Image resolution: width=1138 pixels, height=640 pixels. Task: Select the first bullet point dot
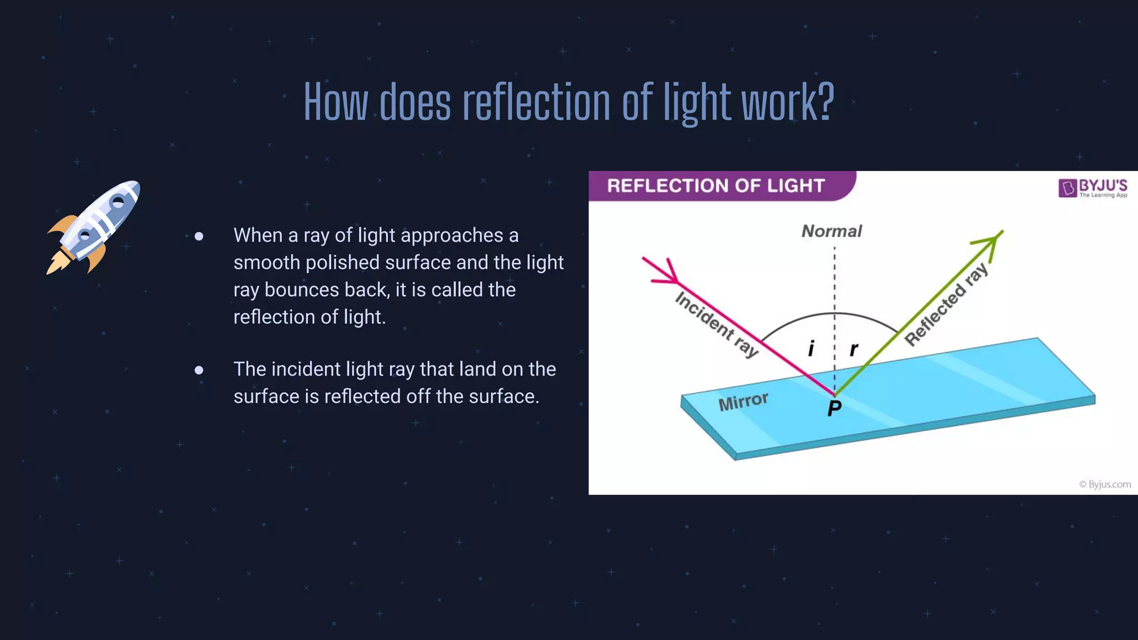[x=199, y=237]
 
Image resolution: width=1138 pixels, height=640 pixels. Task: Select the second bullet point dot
[x=199, y=370]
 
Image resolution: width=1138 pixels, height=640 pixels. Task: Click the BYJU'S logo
[x=1092, y=188]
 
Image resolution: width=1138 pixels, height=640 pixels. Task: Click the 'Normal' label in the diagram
[x=831, y=231]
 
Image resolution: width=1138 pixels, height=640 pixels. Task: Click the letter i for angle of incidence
[x=811, y=348]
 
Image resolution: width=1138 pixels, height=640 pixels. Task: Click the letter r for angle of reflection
[x=854, y=349]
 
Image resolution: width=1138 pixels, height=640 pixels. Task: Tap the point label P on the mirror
[x=834, y=408]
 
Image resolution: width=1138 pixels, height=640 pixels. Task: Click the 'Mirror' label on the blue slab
[x=743, y=401]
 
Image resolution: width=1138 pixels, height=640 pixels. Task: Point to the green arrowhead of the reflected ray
[x=992, y=241]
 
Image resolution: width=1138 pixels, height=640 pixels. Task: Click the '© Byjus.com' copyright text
[x=1105, y=484]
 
